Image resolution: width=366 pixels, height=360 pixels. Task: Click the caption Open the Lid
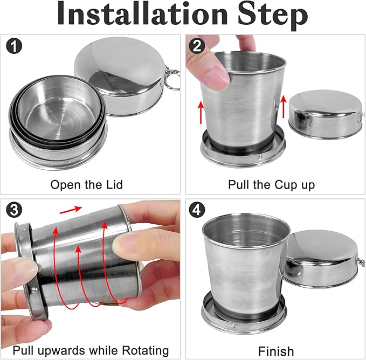click(87, 185)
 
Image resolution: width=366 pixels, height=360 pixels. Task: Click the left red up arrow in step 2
click(201, 112)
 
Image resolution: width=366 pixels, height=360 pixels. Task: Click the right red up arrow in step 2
click(284, 106)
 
